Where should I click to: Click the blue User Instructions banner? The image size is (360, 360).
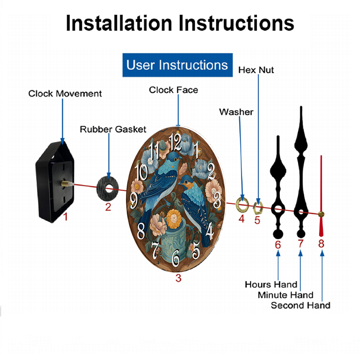(x=177, y=65)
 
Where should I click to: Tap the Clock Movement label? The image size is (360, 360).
(x=65, y=94)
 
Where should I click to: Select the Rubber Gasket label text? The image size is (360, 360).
(x=113, y=129)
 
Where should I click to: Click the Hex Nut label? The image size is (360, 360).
(x=256, y=70)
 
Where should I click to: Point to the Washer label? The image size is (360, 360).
(x=236, y=112)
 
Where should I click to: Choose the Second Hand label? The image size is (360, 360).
(x=301, y=305)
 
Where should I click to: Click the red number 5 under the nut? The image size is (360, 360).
(x=257, y=220)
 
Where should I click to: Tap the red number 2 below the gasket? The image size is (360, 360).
(x=108, y=207)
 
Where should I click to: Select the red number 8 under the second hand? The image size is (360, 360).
(x=321, y=244)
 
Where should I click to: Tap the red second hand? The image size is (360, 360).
(x=321, y=195)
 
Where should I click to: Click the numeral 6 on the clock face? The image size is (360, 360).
(x=176, y=257)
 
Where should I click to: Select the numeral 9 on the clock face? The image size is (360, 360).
(x=134, y=201)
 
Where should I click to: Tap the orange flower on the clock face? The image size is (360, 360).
(x=174, y=219)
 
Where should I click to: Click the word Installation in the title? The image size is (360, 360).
(x=119, y=23)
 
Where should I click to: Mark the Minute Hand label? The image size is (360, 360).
(x=285, y=295)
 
